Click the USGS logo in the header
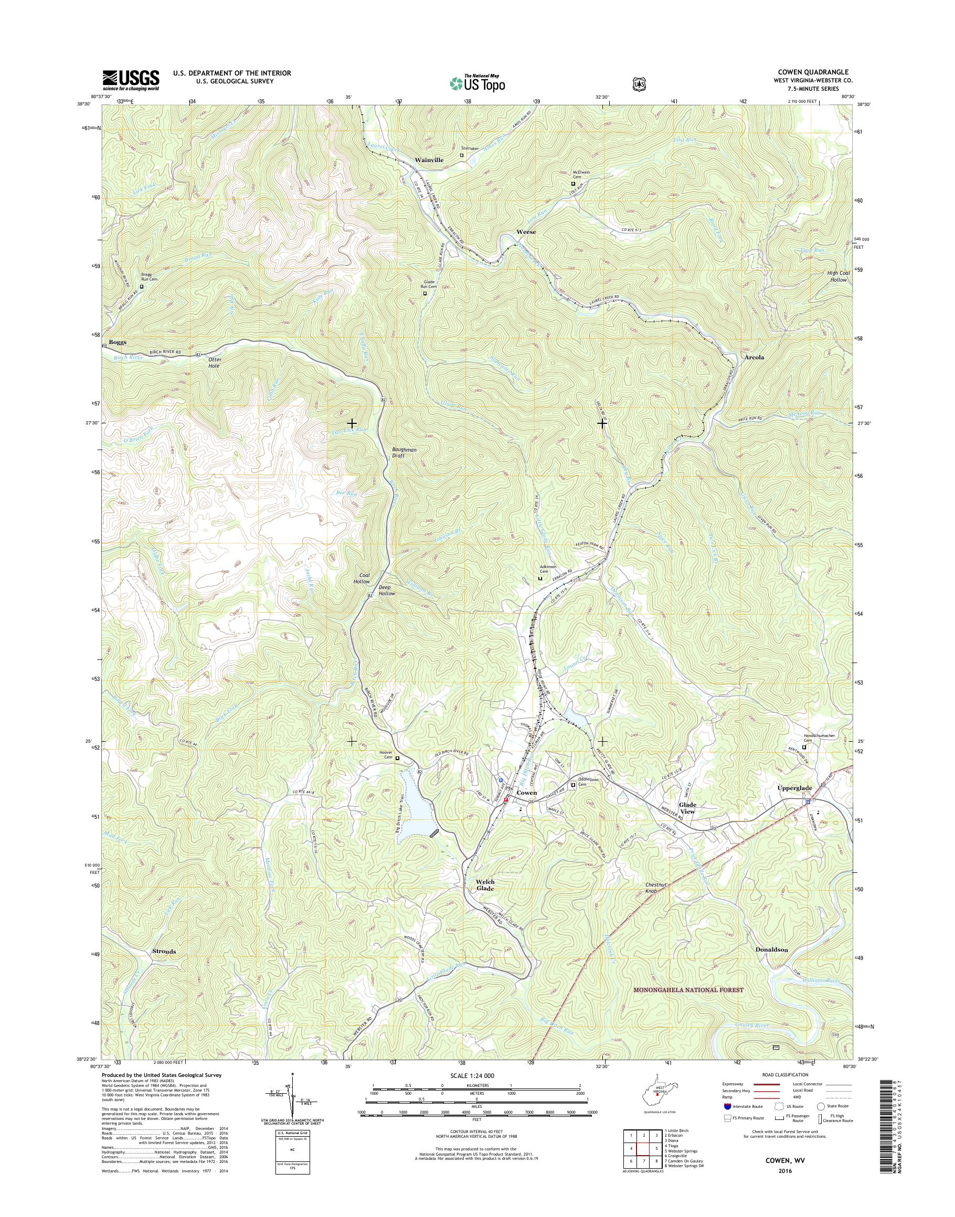coord(130,80)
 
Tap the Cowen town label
coord(527,793)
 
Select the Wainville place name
coord(429,160)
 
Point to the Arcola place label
coord(754,357)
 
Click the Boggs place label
coord(118,341)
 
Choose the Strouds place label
coord(164,951)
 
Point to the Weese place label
coord(526,231)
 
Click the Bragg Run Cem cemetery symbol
coord(142,287)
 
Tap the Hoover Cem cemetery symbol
coord(398,759)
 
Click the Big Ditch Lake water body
coord(418,810)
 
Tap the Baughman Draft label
coord(404,452)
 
